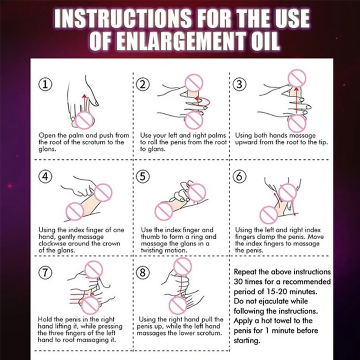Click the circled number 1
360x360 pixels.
click(45, 85)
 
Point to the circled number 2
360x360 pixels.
click(143, 85)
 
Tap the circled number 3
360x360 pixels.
click(239, 84)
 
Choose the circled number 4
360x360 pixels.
click(45, 176)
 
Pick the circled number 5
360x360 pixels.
click(143, 176)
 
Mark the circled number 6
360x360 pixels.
click(239, 176)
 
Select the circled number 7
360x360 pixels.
click(45, 273)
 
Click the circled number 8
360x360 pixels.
click(143, 273)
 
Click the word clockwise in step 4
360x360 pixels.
click(52, 243)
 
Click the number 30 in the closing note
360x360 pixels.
click(238, 282)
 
